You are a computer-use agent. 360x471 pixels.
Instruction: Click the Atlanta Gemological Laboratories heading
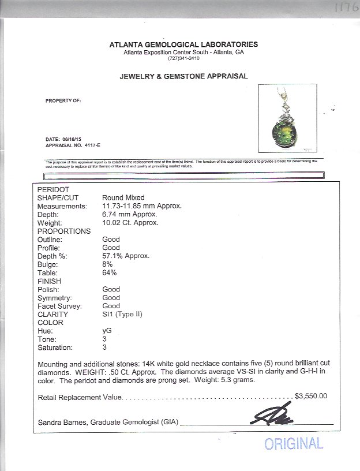click(x=183, y=44)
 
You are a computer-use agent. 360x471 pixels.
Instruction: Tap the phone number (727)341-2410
click(x=183, y=58)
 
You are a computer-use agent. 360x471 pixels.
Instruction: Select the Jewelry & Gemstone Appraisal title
click(x=183, y=76)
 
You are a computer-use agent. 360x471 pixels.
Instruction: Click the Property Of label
click(x=63, y=100)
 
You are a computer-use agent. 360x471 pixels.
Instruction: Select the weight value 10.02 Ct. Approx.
click(x=130, y=223)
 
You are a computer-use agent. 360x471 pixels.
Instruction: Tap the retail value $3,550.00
click(x=311, y=396)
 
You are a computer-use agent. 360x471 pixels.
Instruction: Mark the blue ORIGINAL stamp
click(x=294, y=443)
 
